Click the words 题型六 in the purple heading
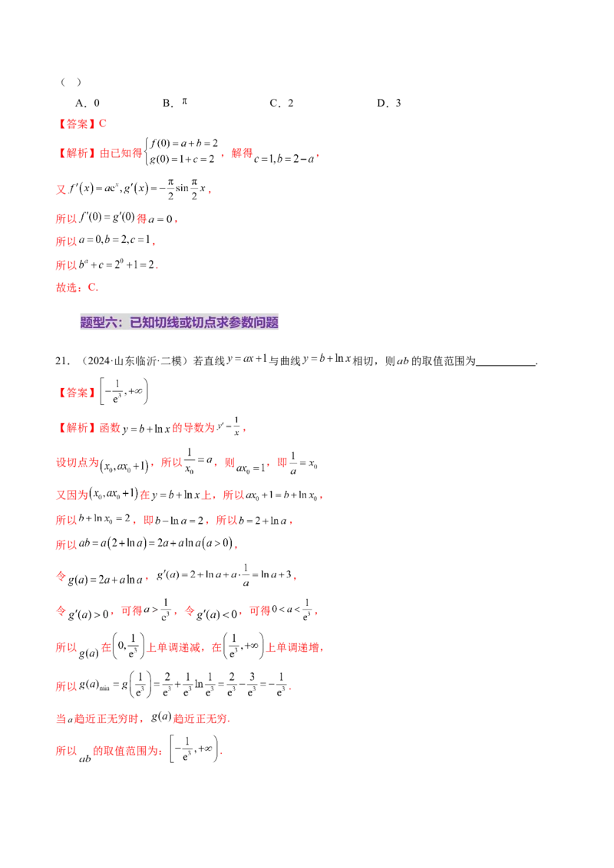pyautogui.click(x=98, y=323)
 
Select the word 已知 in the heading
pyautogui.click(x=142, y=323)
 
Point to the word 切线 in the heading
pyautogui.click(x=168, y=323)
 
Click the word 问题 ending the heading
pyautogui.click(x=266, y=323)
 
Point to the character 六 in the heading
pyautogui.click(x=111, y=323)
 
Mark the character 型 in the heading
pyautogui.click(x=98, y=323)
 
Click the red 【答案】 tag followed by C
pyautogui.click(x=76, y=123)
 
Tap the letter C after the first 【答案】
pyautogui.click(x=104, y=123)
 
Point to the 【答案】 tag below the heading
pyautogui.click(x=76, y=392)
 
